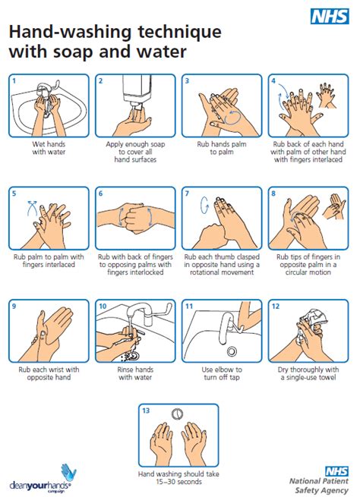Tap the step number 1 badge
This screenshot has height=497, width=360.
click(x=14, y=80)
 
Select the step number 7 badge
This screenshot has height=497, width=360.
click(x=188, y=193)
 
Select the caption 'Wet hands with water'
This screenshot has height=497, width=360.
click(x=49, y=147)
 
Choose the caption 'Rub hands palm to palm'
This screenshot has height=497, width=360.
click(x=223, y=147)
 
